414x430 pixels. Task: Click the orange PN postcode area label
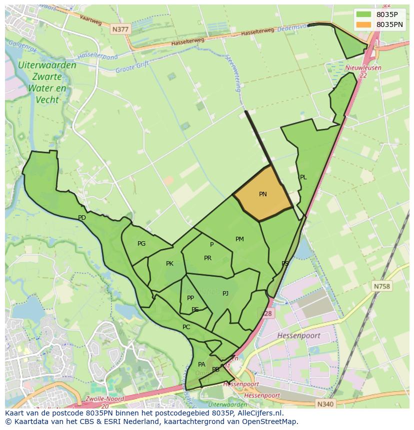263,194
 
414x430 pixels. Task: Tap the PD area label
82,218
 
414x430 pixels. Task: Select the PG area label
141,244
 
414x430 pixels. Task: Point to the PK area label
169,264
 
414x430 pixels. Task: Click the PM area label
239,239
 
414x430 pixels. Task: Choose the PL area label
303,177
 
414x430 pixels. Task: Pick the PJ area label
225,294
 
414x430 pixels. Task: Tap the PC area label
186,327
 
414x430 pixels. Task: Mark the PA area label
201,365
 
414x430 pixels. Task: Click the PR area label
207,258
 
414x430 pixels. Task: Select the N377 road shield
120,29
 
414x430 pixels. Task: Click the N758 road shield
382,287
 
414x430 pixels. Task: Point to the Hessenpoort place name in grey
298,336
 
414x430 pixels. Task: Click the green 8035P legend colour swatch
363,14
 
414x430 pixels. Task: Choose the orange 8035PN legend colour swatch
363,24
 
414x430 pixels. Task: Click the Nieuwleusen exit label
363,68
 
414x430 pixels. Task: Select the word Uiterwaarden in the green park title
47,65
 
